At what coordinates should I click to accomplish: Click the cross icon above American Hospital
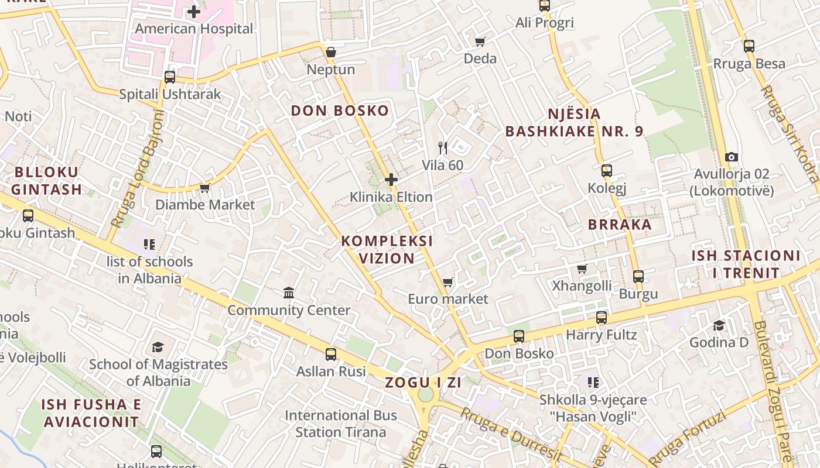pos(194,12)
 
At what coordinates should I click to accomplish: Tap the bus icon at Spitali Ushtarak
pos(170,77)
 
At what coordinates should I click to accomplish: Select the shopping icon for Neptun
pos(331,53)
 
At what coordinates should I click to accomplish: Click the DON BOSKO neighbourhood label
pos(340,111)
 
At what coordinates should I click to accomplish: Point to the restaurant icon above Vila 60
pos(443,148)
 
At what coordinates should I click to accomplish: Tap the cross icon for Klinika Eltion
pos(391,180)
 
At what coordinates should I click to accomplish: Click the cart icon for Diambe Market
pos(204,188)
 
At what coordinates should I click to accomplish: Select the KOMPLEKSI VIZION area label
pos(387,249)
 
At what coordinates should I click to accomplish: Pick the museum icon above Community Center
pos(289,292)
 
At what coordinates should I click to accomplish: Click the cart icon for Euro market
pos(448,283)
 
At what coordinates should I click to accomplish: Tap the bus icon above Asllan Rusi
pos(331,354)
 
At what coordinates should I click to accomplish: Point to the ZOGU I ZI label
pos(423,383)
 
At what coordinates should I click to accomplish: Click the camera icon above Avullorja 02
pos(731,157)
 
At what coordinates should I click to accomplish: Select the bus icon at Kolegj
pos(607,171)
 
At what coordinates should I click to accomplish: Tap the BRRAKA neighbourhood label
pos(620,225)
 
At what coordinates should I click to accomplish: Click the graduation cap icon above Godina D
pos(719,325)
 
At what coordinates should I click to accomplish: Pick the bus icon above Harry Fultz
pos(602,318)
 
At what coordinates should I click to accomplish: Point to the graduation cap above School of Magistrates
pos(158,347)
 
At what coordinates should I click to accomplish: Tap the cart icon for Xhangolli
pos(582,269)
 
